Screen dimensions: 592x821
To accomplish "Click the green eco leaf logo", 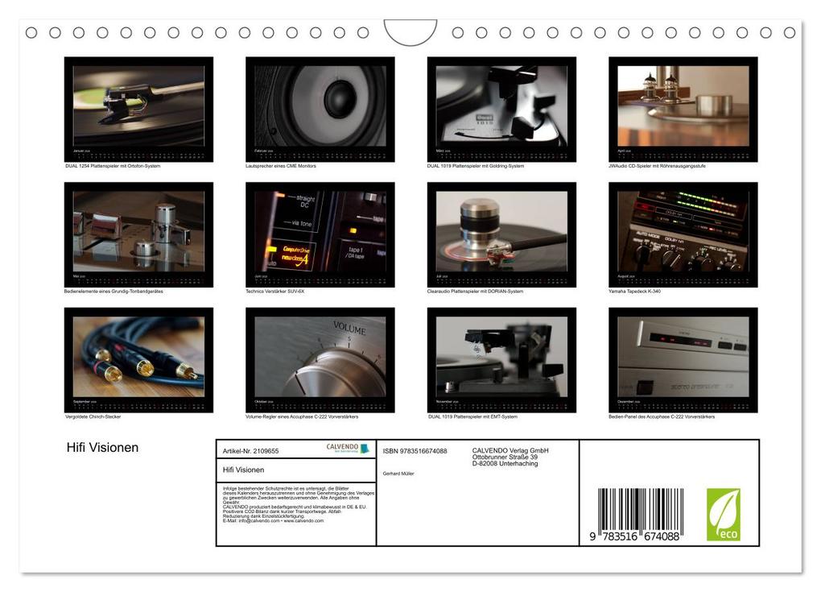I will tap(723, 515).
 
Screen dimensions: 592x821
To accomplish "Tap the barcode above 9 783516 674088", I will tap(641, 508).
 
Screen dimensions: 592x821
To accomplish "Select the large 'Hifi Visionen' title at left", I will tap(102, 448).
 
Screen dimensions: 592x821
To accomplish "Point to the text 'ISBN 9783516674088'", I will tap(415, 451).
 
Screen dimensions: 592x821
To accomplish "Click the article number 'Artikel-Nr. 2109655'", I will tap(251, 452).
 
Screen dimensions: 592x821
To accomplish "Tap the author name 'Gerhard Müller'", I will tap(398, 474).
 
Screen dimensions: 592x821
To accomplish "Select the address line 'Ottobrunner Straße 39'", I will tap(505, 457).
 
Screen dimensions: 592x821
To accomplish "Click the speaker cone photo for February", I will tap(320, 106).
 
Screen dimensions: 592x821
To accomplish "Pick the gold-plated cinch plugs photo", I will tap(138, 356).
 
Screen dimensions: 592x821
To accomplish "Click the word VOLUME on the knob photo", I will tap(349, 330).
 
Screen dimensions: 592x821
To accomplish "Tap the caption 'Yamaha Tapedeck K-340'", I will tap(634, 292).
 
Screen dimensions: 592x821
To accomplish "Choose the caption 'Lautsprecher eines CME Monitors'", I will tap(281, 166).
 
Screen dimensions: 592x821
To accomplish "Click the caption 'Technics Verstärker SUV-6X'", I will tap(275, 292).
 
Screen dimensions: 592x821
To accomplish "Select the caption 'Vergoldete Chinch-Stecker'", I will tap(93, 417).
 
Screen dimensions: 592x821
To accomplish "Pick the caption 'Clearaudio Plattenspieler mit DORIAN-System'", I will tap(475, 292).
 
